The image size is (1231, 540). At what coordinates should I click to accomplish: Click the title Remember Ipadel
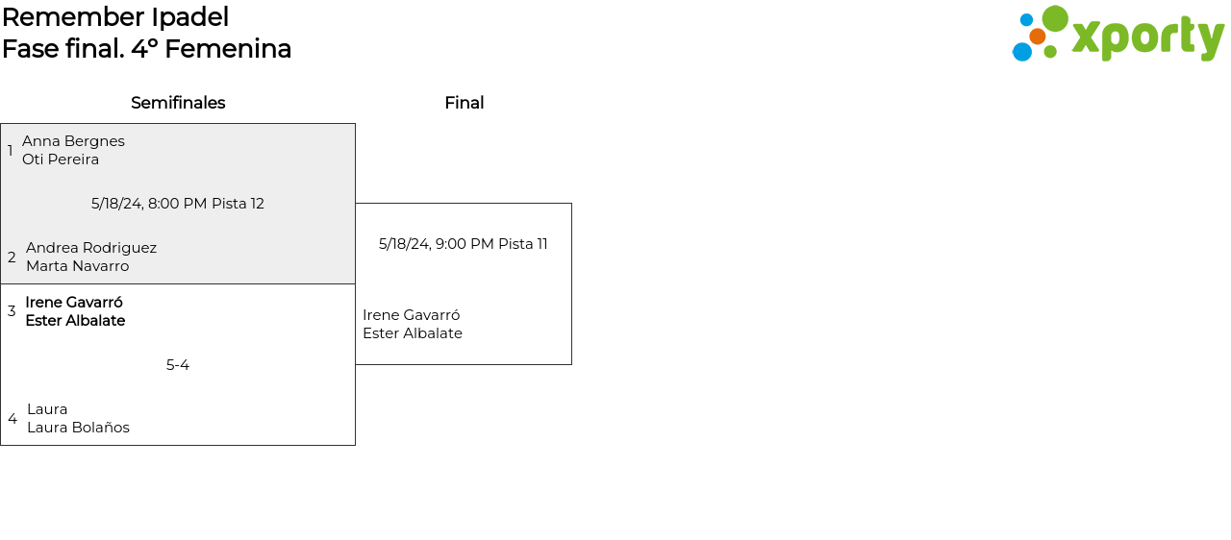(115, 17)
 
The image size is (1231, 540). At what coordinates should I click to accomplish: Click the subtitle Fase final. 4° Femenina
(146, 49)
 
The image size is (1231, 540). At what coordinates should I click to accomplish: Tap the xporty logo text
(1147, 37)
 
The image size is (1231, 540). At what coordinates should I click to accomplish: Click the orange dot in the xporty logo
(1037, 37)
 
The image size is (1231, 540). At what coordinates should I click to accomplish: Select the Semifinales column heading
(178, 103)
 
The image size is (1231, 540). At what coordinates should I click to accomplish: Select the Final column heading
(464, 103)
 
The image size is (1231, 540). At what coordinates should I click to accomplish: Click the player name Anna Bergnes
(73, 141)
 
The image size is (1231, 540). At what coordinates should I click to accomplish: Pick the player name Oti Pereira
(61, 160)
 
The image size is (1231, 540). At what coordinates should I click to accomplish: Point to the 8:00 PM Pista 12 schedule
(178, 204)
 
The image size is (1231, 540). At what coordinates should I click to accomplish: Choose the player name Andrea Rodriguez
(91, 248)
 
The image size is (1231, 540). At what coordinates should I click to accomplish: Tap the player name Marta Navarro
(77, 266)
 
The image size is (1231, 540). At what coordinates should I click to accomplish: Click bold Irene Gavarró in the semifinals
(74, 303)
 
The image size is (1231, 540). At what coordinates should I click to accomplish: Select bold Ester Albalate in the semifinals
(75, 321)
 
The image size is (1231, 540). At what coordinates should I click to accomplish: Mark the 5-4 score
(178, 365)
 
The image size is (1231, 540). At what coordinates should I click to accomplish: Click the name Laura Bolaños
(78, 428)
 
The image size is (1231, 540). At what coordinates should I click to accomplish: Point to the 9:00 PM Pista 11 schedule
(464, 244)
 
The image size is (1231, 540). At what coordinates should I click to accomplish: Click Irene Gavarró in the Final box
(412, 315)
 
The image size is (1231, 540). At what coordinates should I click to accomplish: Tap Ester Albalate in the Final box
(413, 333)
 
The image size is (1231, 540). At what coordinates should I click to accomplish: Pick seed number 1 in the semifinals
(11, 151)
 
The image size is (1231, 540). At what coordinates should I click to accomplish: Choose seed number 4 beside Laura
(13, 419)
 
